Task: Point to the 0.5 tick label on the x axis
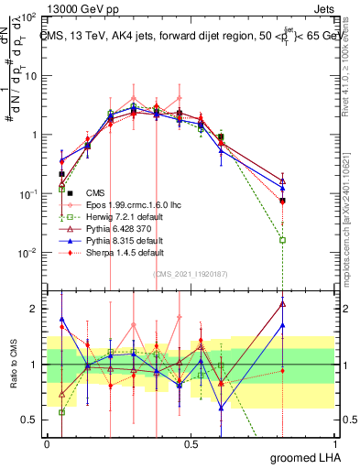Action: point(191,442)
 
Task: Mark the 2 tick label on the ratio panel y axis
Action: point(35,309)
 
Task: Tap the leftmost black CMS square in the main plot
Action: point(61,173)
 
